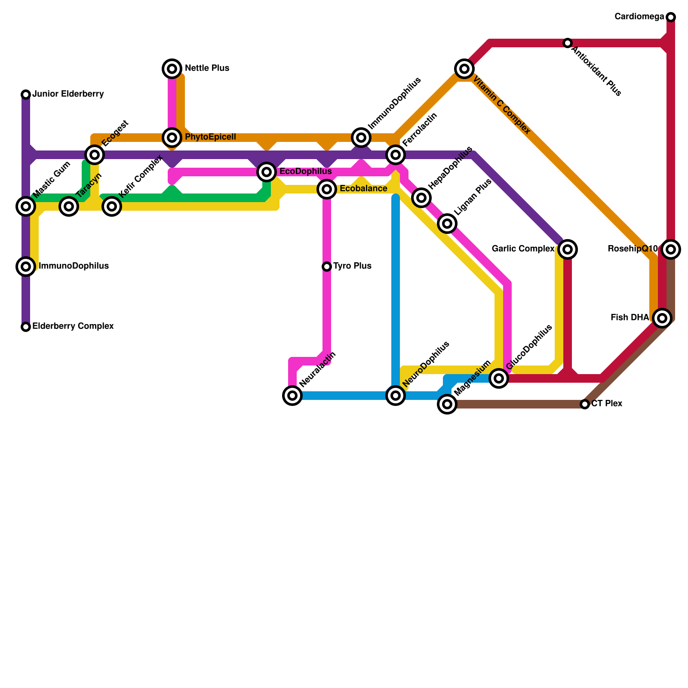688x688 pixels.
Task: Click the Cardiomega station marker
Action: tap(671, 17)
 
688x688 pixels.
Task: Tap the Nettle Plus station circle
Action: tap(172, 69)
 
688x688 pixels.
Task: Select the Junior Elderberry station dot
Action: tap(26, 95)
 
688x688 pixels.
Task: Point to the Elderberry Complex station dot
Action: tap(26, 327)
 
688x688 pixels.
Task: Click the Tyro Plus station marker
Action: tap(327, 267)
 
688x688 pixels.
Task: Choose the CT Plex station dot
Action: tap(585, 404)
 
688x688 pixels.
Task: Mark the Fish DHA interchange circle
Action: tap(662, 318)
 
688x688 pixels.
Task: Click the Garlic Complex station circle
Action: tap(568, 249)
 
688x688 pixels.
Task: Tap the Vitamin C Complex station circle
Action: tap(464, 69)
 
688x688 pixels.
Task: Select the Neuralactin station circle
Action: tap(292, 395)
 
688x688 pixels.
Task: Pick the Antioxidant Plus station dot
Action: tap(568, 43)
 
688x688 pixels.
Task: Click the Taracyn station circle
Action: tap(69, 206)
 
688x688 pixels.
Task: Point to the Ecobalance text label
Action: tap(363, 189)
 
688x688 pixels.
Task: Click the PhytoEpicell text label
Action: tap(210, 137)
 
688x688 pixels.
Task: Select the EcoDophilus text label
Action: tap(305, 172)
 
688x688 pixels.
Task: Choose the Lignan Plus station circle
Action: tap(447, 224)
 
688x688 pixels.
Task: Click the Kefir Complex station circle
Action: tap(112, 206)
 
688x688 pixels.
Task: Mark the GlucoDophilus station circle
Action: tap(499, 378)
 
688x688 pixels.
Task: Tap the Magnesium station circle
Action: tap(447, 404)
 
